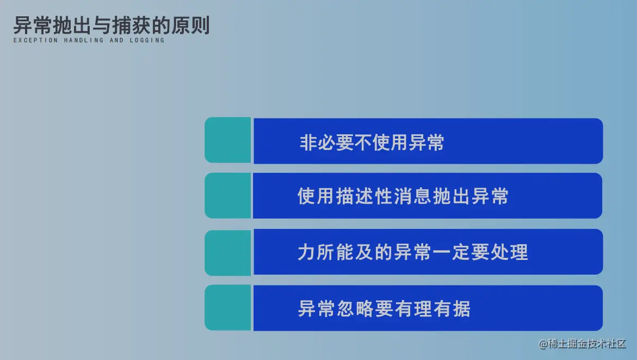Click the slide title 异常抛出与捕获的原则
[x=112, y=26]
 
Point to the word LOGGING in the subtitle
[x=147, y=41]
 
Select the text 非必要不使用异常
[x=372, y=142]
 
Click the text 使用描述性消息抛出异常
[x=403, y=196]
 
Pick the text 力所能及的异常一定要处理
[x=412, y=252]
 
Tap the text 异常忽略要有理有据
[x=384, y=308]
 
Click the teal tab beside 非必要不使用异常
[x=228, y=140]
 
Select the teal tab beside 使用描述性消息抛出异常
[x=228, y=196]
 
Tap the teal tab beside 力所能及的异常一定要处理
[x=228, y=252]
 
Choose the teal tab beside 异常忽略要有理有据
[x=228, y=308]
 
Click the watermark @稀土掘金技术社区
[x=583, y=344]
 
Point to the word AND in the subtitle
[x=116, y=41]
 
